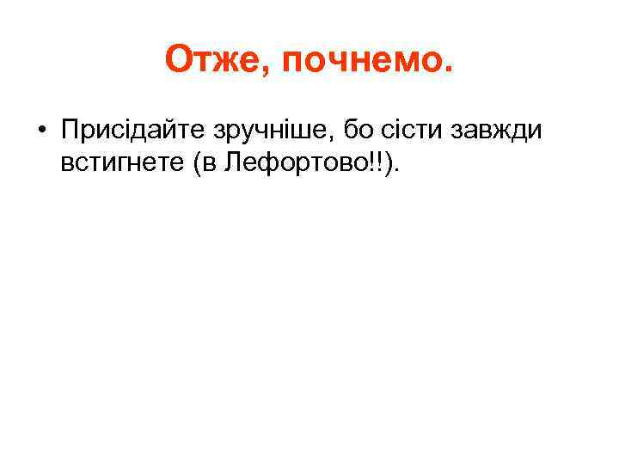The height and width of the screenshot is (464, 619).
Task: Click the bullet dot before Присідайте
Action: point(40,131)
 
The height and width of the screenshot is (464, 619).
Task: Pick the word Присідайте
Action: point(126,131)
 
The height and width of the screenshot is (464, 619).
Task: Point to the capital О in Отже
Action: point(179,60)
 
